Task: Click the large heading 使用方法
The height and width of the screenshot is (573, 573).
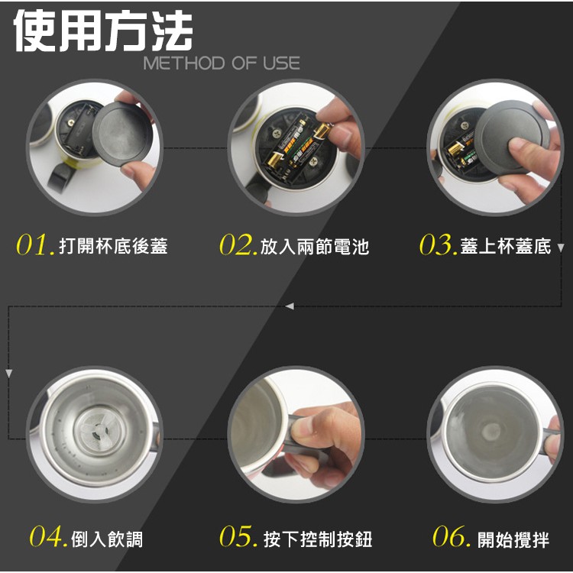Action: pos(103,31)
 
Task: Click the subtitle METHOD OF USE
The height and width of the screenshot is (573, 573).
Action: pos(222,63)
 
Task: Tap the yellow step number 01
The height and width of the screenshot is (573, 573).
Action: pos(35,244)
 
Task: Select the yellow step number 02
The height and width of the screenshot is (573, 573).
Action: pos(238,244)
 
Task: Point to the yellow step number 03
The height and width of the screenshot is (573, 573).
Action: pos(439,244)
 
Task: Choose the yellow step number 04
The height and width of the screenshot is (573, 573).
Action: pos(49,536)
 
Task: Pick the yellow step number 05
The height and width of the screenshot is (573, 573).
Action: pos(238,536)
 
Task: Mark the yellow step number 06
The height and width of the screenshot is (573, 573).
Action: pos(452,536)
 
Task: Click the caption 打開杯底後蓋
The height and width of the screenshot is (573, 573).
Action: pos(113,246)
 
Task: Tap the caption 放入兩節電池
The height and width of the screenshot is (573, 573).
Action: pos(315,246)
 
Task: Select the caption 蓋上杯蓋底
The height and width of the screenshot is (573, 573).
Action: pos(506,246)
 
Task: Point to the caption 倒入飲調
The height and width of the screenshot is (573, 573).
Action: pos(107,539)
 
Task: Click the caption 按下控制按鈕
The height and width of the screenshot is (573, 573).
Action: pos(318,539)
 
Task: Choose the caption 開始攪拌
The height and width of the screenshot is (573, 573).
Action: pos(513,539)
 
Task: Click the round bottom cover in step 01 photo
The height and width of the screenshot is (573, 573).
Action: pos(121,134)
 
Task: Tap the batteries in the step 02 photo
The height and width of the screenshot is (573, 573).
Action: pos(298,146)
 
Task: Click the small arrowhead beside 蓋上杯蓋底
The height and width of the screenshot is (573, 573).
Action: pos(561,248)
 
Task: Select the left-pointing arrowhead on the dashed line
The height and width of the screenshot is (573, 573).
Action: pos(290,306)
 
